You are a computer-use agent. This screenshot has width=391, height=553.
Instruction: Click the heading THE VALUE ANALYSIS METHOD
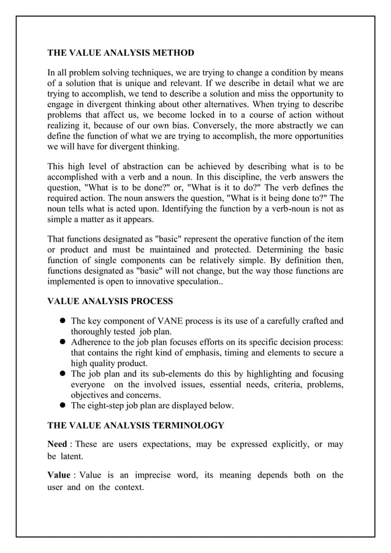(x=121, y=53)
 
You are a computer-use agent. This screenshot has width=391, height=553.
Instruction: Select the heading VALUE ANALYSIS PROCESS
(x=110, y=301)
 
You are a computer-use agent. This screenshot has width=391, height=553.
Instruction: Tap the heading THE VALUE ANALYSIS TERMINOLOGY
(x=135, y=425)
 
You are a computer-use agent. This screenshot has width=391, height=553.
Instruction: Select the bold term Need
(x=57, y=443)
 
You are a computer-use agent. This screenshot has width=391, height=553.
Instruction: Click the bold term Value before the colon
(x=58, y=475)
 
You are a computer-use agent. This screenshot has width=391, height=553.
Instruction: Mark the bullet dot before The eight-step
(x=63, y=406)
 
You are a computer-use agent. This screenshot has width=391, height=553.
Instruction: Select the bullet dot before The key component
(x=63, y=321)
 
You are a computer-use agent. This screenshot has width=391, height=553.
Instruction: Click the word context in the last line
(x=126, y=488)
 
